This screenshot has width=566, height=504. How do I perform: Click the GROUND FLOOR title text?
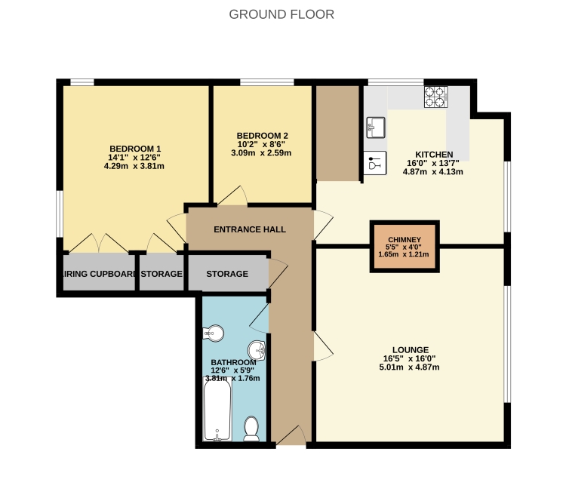(281, 14)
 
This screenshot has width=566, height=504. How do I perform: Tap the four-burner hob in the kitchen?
(435, 96)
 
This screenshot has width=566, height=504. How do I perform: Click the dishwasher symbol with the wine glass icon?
(375, 162)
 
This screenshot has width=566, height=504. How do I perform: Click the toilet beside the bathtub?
(252, 428)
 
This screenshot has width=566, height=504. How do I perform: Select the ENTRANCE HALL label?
(250, 229)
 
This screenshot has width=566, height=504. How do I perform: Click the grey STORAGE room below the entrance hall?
(227, 274)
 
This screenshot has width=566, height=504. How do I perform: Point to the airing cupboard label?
(98, 274)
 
